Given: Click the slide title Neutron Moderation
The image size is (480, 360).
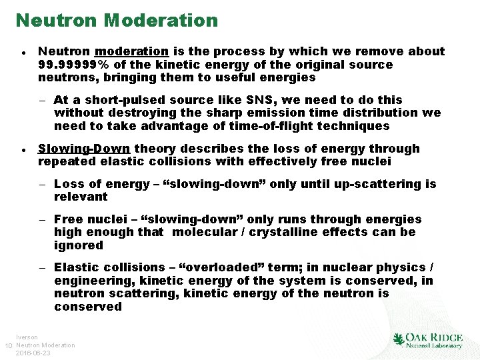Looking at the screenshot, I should click(x=117, y=20).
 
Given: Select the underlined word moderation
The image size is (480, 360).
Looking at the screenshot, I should click(x=132, y=51).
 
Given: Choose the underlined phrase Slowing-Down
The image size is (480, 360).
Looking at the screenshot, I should click(x=84, y=149).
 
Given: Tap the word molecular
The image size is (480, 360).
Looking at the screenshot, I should click(x=213, y=232).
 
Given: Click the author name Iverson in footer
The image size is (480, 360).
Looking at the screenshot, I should click(x=27, y=337).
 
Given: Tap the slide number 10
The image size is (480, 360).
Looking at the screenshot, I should click(x=8, y=345).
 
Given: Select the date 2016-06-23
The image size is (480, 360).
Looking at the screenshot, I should click(x=33, y=353).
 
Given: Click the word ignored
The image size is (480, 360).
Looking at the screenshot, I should click(x=79, y=245).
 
